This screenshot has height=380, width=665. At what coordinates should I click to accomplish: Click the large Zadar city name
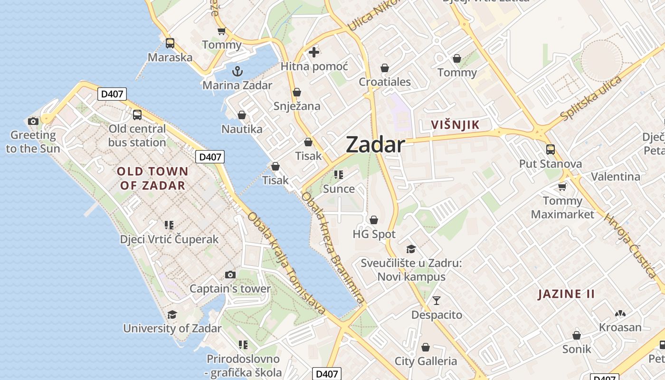[375, 144]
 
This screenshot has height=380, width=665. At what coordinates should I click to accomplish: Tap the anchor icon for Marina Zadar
[237, 72]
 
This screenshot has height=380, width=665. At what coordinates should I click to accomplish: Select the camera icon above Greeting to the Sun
[33, 121]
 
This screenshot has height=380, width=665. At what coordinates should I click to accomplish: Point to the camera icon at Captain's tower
[230, 275]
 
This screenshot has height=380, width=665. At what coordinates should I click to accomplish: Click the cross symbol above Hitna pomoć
[314, 52]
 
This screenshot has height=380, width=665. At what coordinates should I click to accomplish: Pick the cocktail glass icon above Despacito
[437, 300]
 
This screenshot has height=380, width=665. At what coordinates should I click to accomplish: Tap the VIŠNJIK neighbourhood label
[455, 125]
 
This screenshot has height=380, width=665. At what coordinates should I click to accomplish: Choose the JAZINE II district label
[566, 294]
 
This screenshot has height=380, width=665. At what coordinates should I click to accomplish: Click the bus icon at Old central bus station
[137, 114]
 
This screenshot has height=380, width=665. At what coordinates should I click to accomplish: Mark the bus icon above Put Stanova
[551, 150]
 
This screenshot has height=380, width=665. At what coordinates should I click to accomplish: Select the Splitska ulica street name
[591, 98]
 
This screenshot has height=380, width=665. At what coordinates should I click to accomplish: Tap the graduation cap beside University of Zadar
[172, 314]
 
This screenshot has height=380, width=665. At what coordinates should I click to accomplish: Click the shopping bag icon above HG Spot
[374, 220]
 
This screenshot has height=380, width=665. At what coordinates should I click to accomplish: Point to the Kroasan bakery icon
[620, 313]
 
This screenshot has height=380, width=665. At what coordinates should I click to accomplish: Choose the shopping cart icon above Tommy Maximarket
[562, 187]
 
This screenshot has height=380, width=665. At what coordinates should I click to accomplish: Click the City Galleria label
[426, 361]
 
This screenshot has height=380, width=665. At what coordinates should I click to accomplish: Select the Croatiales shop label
[385, 82]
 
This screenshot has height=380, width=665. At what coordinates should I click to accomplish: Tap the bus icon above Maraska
[170, 43]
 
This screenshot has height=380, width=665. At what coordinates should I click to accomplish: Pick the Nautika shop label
[242, 129]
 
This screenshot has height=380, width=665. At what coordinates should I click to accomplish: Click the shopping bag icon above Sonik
[577, 335]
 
